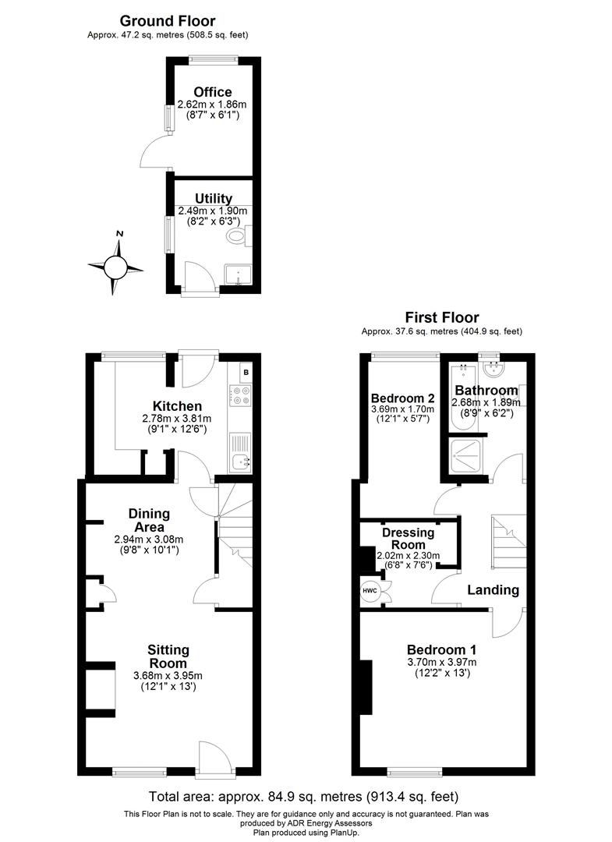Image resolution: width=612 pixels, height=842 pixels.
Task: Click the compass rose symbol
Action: [x=115, y=267]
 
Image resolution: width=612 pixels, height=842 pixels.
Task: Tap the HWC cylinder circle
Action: [x=370, y=590]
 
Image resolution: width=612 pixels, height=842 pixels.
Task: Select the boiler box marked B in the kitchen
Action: [x=246, y=372]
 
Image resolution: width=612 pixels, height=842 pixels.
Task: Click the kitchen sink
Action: [x=240, y=462]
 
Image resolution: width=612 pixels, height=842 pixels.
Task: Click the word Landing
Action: [x=493, y=590]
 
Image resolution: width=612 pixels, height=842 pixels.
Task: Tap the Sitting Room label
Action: [x=168, y=656]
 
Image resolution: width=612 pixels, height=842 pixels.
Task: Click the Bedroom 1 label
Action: [x=442, y=649]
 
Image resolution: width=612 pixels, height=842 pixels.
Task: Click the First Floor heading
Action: [x=441, y=317]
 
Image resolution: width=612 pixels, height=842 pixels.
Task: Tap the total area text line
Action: [x=303, y=797]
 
